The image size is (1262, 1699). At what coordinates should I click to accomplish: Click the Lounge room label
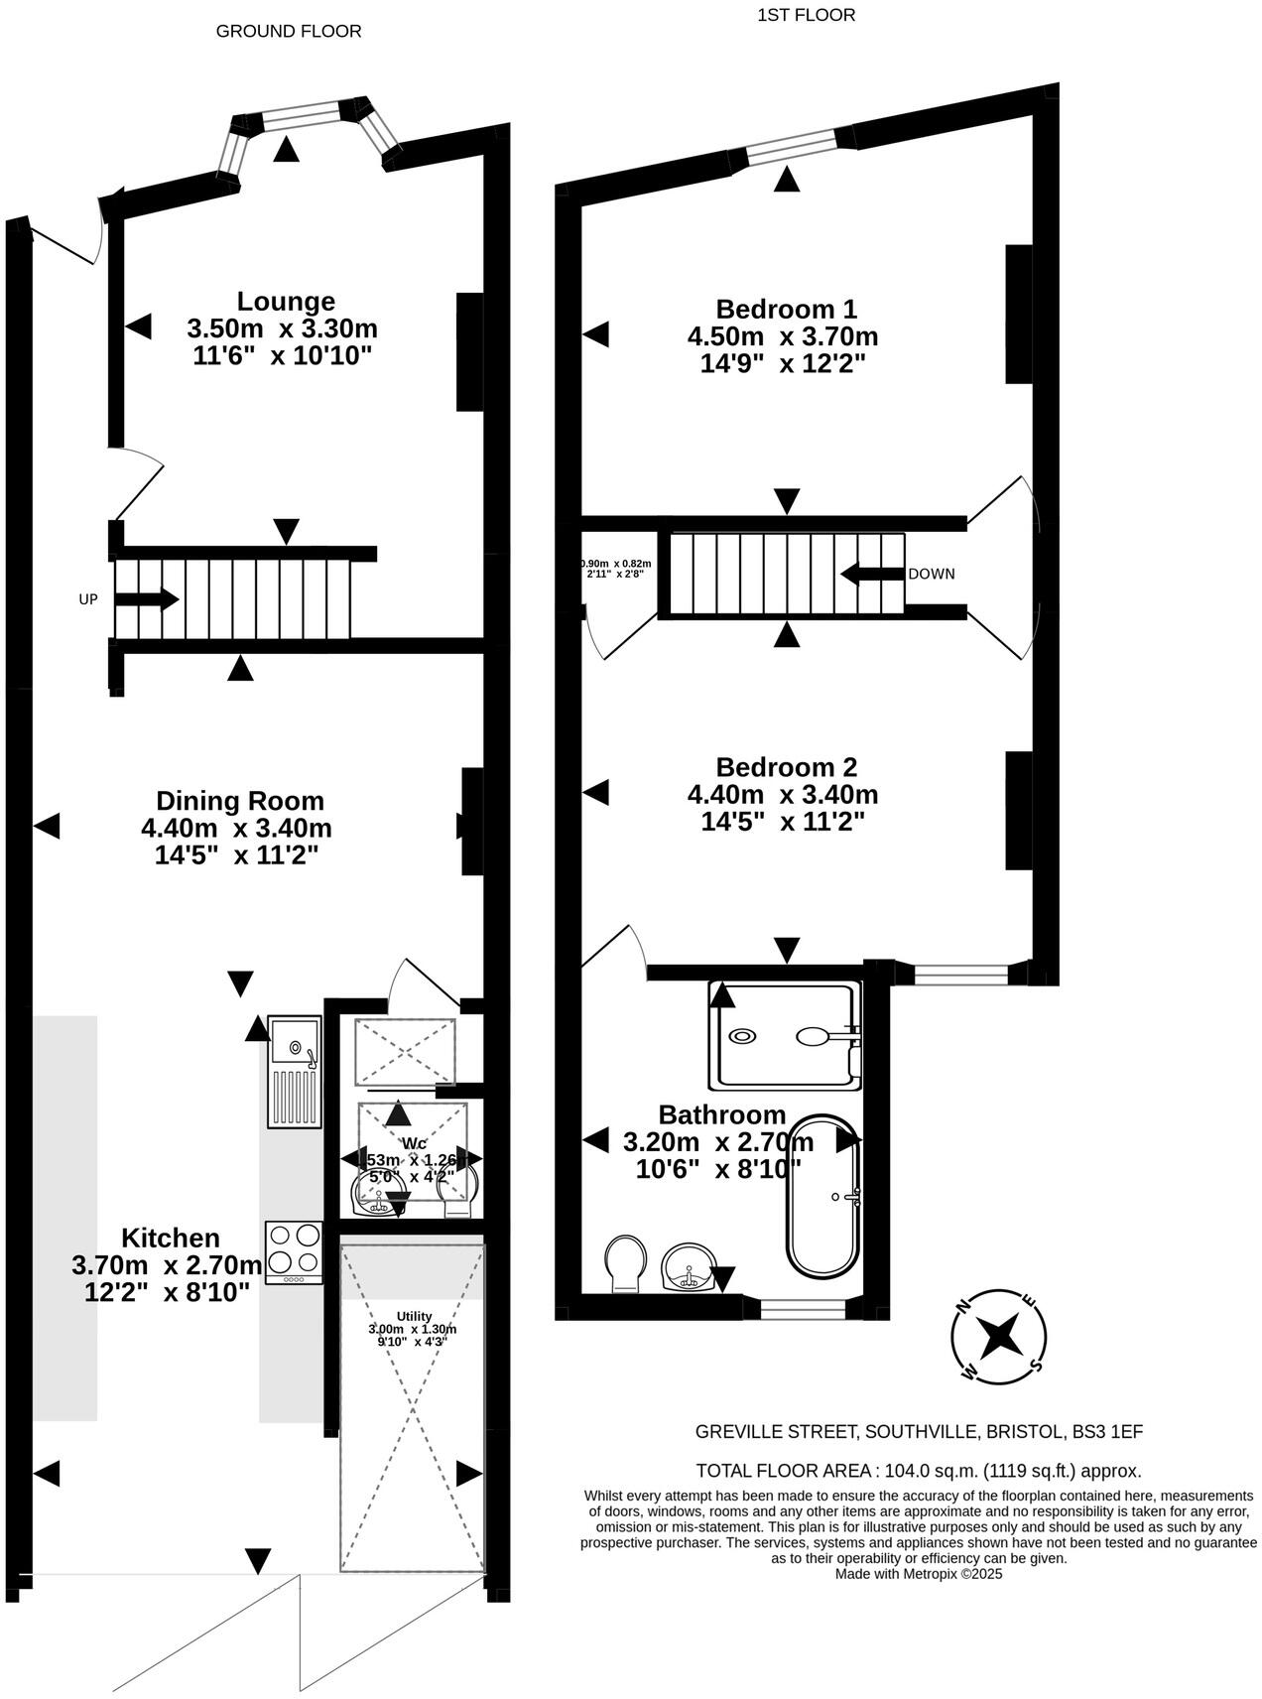tap(286, 302)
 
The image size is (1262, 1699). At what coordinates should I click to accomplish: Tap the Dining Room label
tap(239, 801)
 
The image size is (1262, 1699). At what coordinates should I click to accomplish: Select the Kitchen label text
tap(171, 1238)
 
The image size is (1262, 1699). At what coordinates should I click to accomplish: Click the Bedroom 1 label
tap(786, 309)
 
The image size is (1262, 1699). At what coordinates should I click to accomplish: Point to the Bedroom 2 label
tap(786, 767)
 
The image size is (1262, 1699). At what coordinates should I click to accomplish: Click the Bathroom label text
tap(721, 1114)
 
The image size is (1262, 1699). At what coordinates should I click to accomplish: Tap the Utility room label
tap(414, 1316)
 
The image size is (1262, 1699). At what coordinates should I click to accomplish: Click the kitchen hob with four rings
tap(294, 1251)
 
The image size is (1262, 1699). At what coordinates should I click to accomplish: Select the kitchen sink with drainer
tap(294, 1071)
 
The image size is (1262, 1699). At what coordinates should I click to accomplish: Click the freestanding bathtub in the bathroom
tap(822, 1196)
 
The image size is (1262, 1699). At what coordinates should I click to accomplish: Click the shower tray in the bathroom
tap(784, 1034)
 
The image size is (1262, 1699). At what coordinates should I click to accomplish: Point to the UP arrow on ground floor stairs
tap(147, 599)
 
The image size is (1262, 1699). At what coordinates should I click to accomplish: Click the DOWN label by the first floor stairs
tap(931, 574)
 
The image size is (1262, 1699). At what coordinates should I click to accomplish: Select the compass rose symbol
tap(999, 1337)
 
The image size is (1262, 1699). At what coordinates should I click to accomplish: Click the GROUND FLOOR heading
tap(288, 31)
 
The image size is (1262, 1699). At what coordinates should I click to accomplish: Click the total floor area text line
tap(918, 1471)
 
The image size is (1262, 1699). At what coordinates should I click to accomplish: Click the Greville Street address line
tap(918, 1431)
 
